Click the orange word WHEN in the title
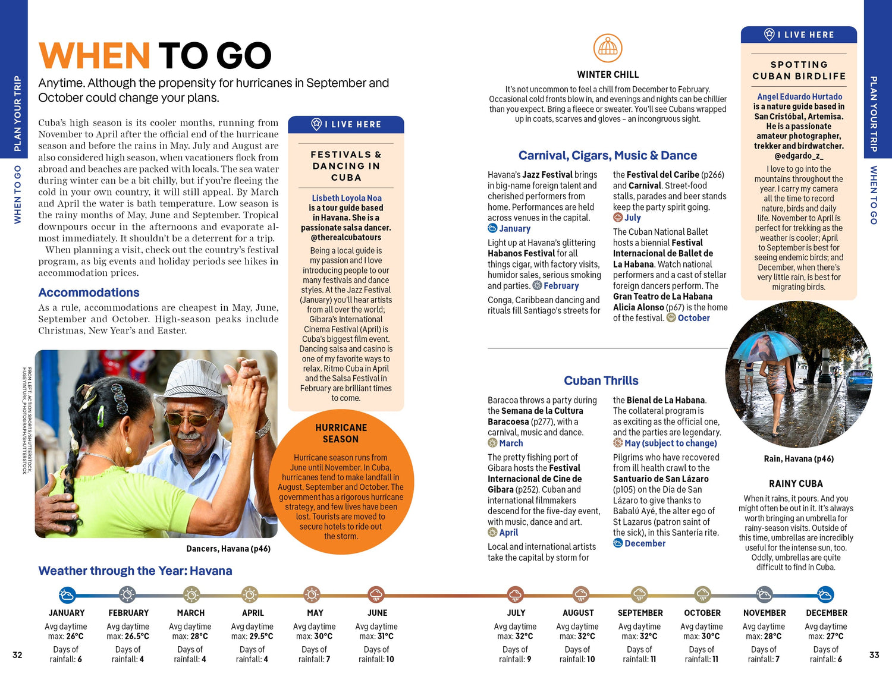click(x=95, y=56)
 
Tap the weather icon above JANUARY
click(x=67, y=594)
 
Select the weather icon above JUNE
click(x=376, y=594)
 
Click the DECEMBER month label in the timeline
click(x=826, y=613)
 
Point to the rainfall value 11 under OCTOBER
click(x=715, y=659)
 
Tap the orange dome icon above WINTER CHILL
click(x=608, y=48)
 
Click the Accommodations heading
click(x=89, y=292)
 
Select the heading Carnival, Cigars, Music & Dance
click(x=607, y=156)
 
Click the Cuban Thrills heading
click(x=601, y=380)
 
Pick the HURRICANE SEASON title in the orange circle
click(x=341, y=433)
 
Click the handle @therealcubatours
click(x=346, y=237)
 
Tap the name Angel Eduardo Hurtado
click(x=799, y=96)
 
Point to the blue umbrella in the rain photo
click(x=767, y=347)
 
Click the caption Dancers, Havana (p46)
click(x=228, y=549)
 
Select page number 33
click(x=874, y=654)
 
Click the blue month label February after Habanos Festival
click(x=561, y=286)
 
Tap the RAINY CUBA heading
click(x=796, y=484)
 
